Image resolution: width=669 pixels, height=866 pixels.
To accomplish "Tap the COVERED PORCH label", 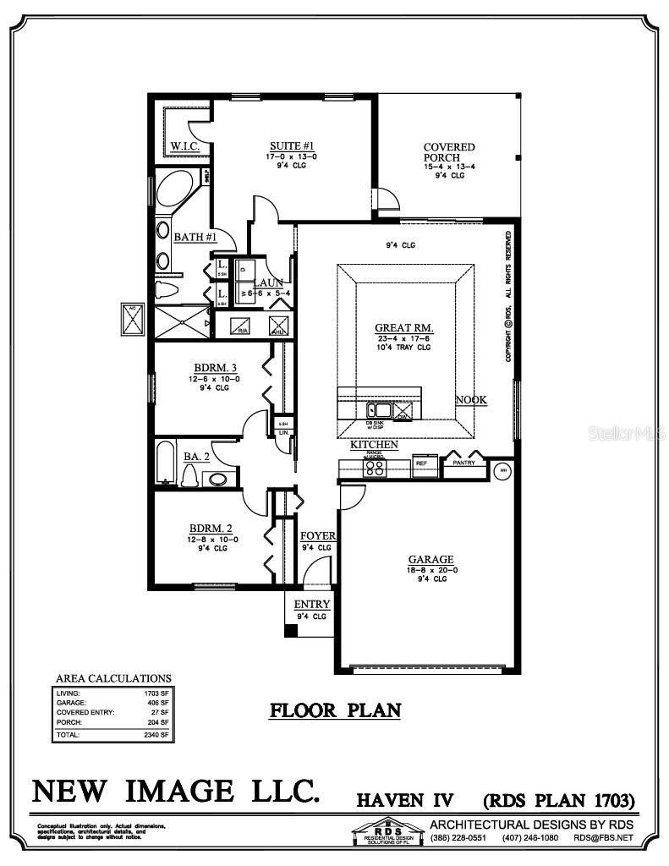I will click(449, 152).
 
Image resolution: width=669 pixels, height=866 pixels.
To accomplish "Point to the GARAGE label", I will click(431, 559).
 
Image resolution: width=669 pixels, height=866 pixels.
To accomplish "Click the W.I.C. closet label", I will click(184, 146).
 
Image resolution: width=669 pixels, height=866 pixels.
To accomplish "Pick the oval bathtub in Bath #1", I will click(176, 193).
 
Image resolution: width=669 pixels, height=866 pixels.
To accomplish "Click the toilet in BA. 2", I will click(191, 478).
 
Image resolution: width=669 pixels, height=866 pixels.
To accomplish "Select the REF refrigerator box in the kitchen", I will click(421, 463).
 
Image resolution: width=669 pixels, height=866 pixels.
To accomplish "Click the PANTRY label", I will click(463, 463).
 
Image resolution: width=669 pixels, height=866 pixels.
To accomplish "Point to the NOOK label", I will click(471, 400).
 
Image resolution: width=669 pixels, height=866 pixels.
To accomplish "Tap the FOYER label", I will click(318, 536).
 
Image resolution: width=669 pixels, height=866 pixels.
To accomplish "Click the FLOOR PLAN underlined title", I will click(335, 710).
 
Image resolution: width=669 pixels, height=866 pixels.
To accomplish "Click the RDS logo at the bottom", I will click(383, 832).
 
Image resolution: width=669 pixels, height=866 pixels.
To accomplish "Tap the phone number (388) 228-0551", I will click(458, 838).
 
